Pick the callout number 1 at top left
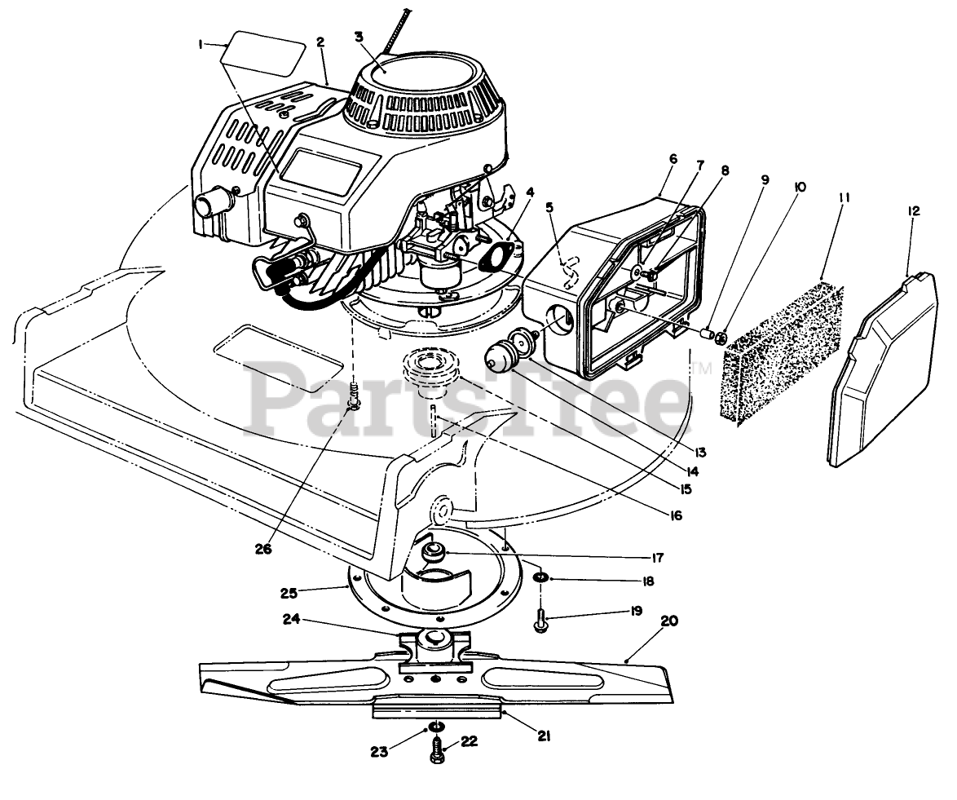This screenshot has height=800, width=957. pyautogui.click(x=200, y=46)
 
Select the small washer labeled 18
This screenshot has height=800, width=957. pyautogui.click(x=540, y=580)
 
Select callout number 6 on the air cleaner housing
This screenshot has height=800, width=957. pyautogui.click(x=673, y=159)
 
